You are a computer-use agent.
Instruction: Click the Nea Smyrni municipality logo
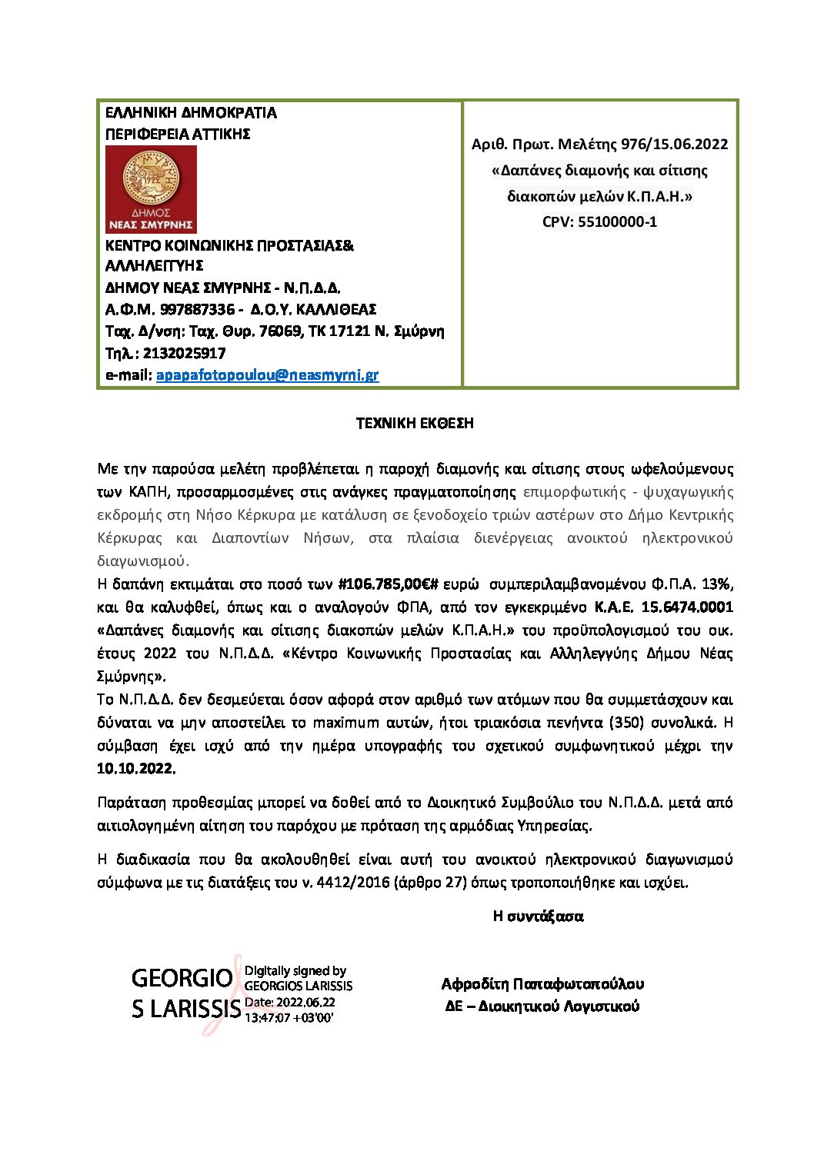(x=151, y=189)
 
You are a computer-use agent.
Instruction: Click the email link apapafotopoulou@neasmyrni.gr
(x=267, y=375)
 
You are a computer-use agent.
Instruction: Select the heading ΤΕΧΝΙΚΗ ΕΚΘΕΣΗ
(x=415, y=423)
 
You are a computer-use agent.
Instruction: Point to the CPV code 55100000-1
(x=617, y=221)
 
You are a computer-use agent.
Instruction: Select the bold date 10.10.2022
(x=136, y=768)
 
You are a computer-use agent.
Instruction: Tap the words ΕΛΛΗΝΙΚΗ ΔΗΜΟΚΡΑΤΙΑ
(x=191, y=112)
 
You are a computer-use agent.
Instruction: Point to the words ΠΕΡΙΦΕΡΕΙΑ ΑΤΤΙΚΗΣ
(x=178, y=134)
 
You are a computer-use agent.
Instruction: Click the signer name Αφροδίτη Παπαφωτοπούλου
(x=542, y=983)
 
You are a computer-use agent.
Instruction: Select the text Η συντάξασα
(x=538, y=916)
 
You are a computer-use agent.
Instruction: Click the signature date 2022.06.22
(x=305, y=1002)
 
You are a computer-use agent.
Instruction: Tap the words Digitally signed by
(x=295, y=970)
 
